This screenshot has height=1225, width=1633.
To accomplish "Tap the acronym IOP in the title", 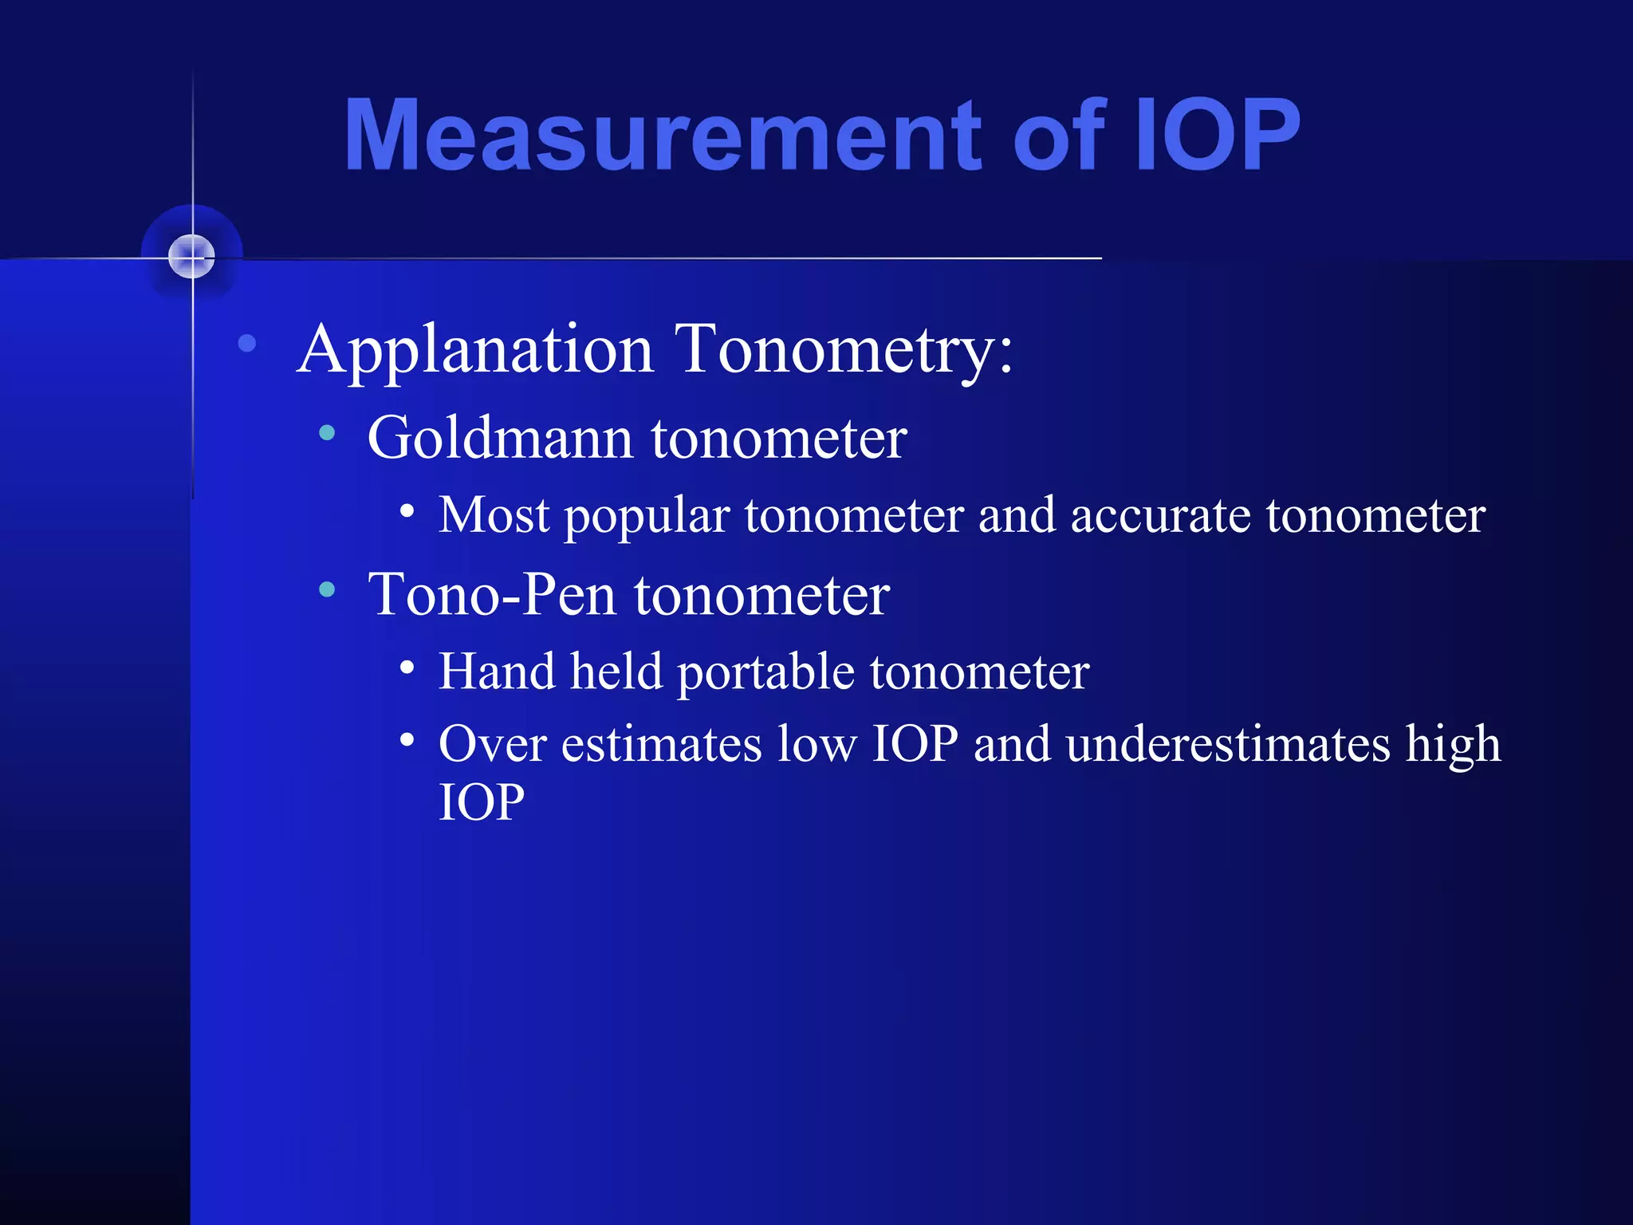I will pos(1217,136).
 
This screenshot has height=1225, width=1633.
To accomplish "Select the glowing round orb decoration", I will pos(192,257).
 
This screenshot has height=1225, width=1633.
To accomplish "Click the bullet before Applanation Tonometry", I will pos(247,344).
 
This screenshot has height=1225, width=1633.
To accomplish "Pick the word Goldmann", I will pos(500,438).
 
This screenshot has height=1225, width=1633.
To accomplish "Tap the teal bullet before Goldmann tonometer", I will pos(326,433).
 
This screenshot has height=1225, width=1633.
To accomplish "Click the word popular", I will pos(647,516).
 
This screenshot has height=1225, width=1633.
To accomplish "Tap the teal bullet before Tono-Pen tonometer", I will pos(326,589).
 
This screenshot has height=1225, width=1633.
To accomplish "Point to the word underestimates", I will pos(1228,744).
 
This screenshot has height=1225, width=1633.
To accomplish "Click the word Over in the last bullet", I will pos(492,744).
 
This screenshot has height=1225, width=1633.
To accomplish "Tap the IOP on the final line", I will pos(482,802).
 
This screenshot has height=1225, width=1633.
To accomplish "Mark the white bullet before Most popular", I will pos(407,510).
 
